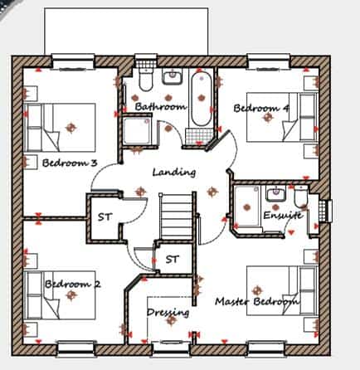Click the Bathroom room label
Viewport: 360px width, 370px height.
[160, 106]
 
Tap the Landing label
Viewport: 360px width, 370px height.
[174, 172]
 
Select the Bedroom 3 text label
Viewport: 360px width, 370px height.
[70, 163]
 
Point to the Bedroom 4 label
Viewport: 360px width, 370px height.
[261, 108]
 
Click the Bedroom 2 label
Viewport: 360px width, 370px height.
[73, 284]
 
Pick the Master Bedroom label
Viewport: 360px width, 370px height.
[257, 301]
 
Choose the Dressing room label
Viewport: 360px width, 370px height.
[168, 313]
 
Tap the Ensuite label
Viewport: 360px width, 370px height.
[283, 215]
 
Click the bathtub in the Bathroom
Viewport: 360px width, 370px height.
[202, 99]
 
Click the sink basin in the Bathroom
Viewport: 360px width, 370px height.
[173, 76]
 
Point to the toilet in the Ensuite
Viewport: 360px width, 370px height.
[301, 197]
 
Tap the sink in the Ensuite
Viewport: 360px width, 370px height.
[275, 192]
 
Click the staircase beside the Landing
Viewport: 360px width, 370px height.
[176, 216]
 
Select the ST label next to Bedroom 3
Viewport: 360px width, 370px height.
[105, 217]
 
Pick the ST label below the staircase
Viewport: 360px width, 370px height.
[173, 260]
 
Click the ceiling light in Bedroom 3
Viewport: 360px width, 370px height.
[71, 128]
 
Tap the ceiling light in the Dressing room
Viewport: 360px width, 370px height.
[171, 320]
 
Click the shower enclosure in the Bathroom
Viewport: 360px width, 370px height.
[137, 130]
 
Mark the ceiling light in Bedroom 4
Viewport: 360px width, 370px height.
[267, 118]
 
